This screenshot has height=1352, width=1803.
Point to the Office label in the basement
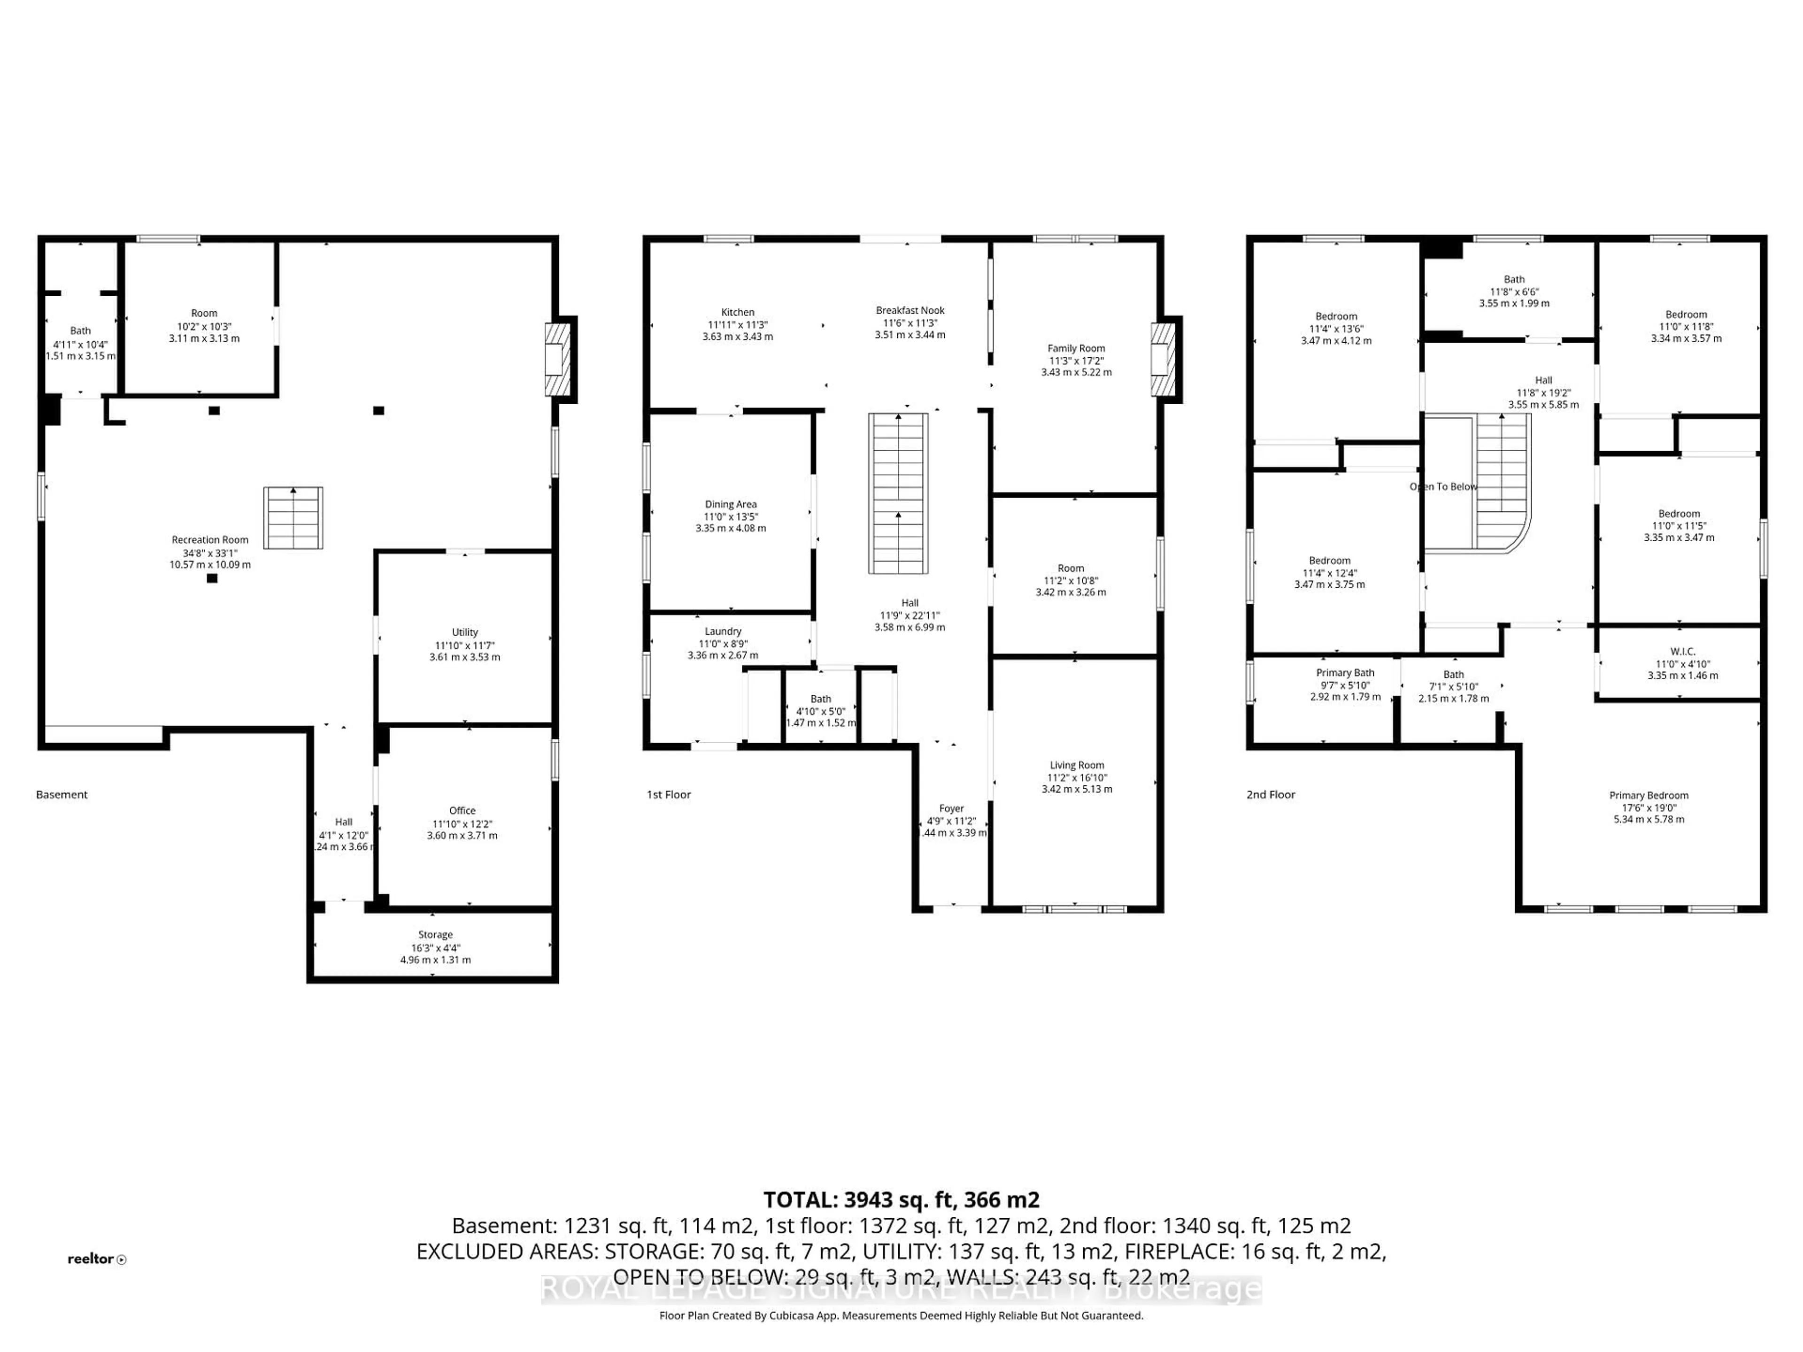tap(462, 810)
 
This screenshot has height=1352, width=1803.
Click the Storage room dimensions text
tap(435, 953)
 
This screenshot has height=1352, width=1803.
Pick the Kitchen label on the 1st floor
tap(738, 312)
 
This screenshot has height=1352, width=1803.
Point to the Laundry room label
tap(723, 631)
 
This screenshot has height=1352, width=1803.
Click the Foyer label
tap(951, 808)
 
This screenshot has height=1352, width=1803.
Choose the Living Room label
tap(1077, 765)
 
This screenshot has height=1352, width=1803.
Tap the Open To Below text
tap(1443, 486)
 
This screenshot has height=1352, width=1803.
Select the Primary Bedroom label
tap(1648, 795)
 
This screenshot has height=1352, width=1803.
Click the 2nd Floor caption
tap(1270, 795)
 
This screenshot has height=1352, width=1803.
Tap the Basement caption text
tap(62, 795)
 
